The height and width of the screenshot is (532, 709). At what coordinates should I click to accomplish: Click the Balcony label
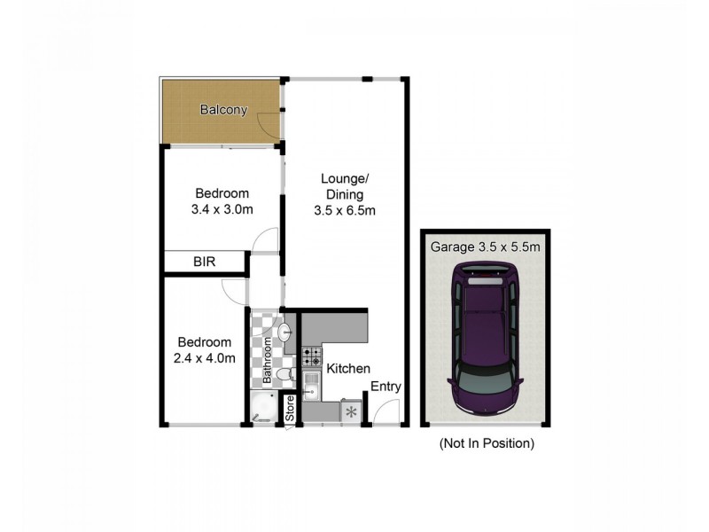222,111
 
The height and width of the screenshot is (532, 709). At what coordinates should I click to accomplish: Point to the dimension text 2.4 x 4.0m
205,358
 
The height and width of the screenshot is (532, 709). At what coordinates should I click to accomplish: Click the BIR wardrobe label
205,262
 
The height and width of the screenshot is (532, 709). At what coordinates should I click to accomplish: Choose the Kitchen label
348,369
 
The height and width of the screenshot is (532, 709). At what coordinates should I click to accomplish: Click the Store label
289,410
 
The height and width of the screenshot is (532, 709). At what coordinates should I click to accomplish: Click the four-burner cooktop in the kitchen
312,357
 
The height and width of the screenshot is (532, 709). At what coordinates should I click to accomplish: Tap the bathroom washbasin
284,332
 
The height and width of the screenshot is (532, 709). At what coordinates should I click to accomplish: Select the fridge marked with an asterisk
351,411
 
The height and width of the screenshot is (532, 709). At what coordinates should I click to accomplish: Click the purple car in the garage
485,336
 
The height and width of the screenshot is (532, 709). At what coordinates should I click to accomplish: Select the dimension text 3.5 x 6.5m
345,210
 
